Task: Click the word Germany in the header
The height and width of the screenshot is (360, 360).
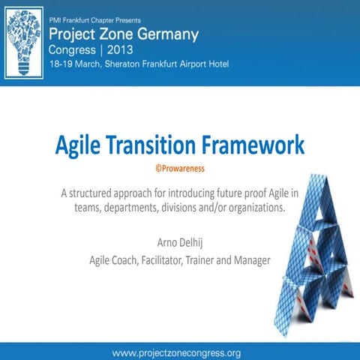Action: tap(168, 34)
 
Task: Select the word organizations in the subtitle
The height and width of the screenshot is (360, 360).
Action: tap(253, 208)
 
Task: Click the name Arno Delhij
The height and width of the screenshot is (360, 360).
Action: tap(179, 243)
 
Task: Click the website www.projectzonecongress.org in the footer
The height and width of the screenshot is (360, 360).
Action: tap(176, 352)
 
